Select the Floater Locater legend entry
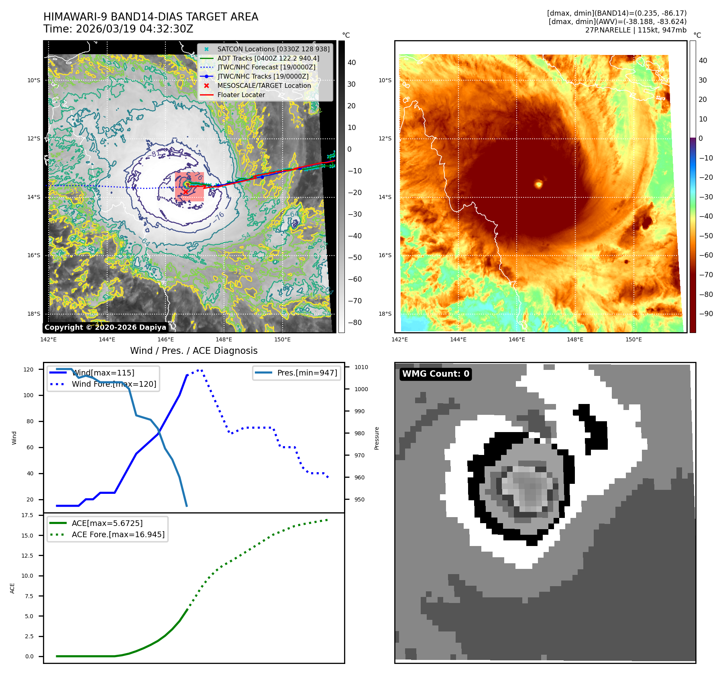[x=241, y=95]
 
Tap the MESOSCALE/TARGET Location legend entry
[x=264, y=86]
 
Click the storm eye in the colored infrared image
[x=538, y=184]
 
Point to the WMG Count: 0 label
[x=436, y=374]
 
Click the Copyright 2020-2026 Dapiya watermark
[x=105, y=327]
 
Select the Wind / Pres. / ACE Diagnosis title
[x=193, y=351]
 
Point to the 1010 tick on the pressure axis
[x=361, y=367]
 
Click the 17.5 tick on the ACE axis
[x=27, y=515]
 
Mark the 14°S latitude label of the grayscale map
[x=34, y=197]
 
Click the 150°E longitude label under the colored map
[x=633, y=339]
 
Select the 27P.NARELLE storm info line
[x=635, y=30]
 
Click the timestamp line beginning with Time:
[x=118, y=29]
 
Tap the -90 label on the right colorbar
[x=706, y=314]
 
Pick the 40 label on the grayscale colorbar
[x=352, y=63]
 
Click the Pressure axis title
[x=377, y=438]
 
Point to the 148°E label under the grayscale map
[x=224, y=339]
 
